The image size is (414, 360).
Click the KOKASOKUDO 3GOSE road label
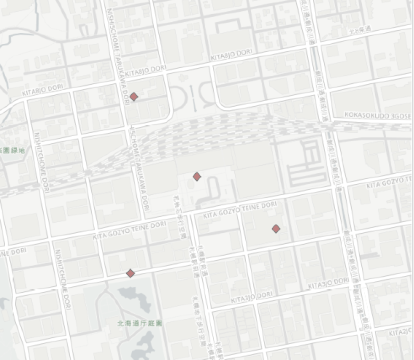coord(377,115)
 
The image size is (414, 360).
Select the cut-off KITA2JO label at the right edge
coord(401,333)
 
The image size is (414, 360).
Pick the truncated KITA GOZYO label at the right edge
coord(389,183)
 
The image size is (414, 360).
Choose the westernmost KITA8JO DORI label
coord(42,89)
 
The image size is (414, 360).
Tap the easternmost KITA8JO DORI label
coord(231,54)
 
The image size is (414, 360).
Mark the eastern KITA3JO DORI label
coord(328,283)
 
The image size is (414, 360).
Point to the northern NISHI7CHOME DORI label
coord(42,162)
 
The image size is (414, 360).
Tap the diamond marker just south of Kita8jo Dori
coord(134,97)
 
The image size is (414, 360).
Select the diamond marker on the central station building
coord(196,177)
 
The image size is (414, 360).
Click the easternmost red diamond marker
coord(276,229)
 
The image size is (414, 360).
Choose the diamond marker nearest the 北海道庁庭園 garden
coord(130,273)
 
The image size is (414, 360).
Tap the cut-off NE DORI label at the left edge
coord(13,252)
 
